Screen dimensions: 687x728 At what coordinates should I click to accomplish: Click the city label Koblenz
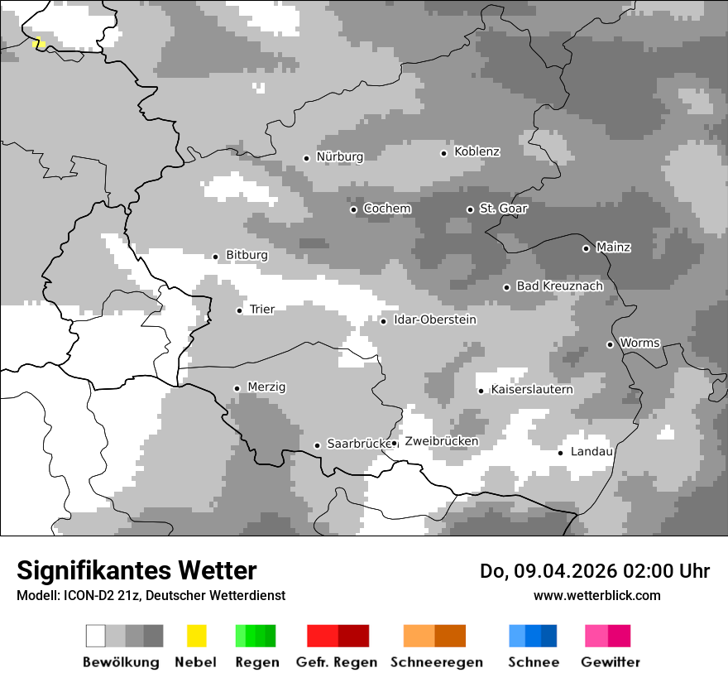477,152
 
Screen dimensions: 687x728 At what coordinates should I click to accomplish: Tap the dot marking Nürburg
306,158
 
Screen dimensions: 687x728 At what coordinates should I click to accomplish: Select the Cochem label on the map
387,209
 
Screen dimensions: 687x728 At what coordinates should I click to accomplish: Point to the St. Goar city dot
470,209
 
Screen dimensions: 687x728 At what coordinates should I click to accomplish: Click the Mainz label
613,247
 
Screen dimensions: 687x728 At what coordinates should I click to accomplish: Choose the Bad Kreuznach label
559,286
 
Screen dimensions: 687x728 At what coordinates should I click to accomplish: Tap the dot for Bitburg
216,257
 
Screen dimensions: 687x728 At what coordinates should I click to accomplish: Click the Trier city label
262,310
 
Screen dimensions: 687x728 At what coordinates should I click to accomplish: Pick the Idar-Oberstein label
435,320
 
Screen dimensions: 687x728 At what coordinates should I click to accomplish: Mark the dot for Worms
610,344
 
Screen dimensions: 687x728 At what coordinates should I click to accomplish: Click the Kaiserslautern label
531,390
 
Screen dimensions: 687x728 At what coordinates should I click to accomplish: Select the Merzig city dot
237,388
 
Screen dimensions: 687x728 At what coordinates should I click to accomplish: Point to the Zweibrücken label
441,442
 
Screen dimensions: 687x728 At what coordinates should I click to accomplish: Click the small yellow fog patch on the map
38,42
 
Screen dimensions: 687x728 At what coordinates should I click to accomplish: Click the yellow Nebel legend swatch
196,636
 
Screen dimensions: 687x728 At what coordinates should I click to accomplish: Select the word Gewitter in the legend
610,662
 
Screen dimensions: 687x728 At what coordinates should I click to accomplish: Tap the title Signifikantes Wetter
136,570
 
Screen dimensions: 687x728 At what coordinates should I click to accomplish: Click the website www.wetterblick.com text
596,595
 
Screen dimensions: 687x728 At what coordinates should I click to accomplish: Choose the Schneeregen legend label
436,662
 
